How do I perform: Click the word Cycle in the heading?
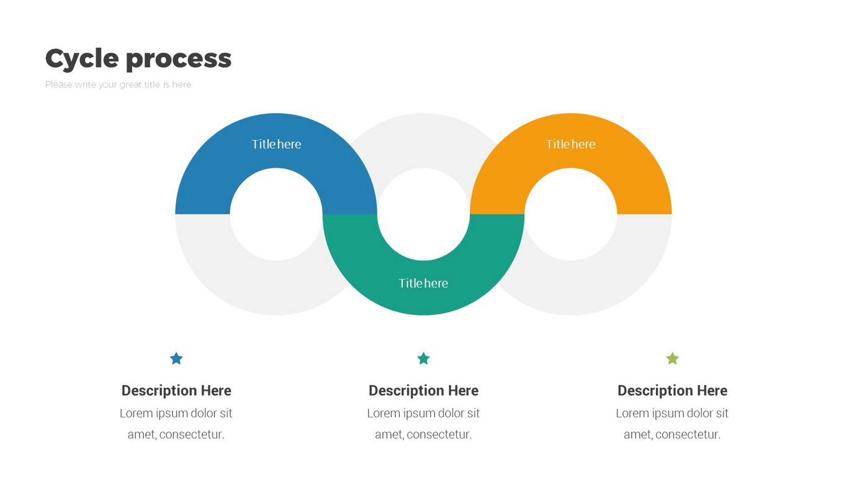coord(82,59)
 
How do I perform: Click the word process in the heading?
coord(179,59)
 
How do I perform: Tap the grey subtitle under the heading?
coord(118,84)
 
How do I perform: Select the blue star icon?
coord(176,358)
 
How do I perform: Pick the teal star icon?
coord(423,358)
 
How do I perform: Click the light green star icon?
coord(672,358)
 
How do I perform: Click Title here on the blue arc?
coord(276,144)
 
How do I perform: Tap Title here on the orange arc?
coord(570,144)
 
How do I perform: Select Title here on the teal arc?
coord(423,283)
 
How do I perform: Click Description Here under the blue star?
coord(176,391)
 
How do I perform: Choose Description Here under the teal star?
coord(423,391)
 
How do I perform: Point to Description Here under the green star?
coord(672,391)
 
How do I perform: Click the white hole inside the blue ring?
coord(276,214)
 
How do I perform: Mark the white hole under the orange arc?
coord(570,214)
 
